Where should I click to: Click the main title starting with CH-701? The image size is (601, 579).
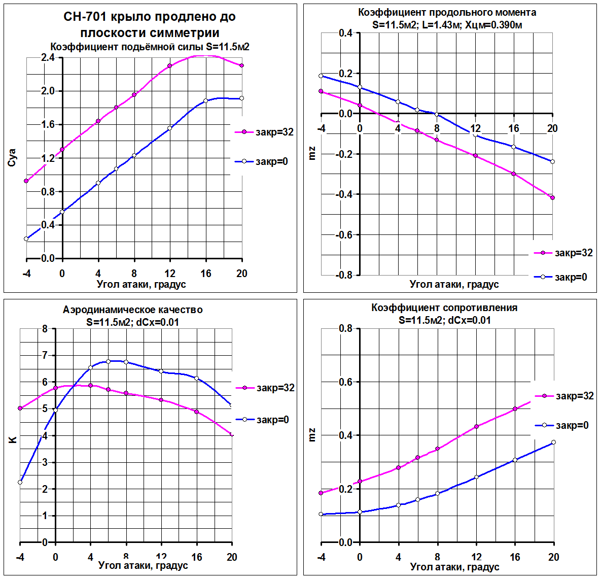[150, 17]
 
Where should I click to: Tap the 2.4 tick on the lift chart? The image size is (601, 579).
[48, 58]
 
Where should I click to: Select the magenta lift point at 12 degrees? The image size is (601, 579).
[170, 65]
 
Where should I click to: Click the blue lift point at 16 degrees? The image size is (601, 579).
[205, 101]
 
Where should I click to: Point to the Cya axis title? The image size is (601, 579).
[13, 157]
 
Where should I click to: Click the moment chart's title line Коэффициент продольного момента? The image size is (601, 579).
[447, 13]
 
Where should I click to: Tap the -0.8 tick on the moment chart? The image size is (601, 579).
[345, 275]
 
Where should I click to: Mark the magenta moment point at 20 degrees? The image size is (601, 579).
[552, 197]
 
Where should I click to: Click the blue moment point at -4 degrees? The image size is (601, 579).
[321, 76]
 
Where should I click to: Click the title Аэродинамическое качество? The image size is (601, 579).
[132, 310]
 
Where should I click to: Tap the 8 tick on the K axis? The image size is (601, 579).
[45, 329]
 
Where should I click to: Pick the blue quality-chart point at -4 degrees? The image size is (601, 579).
[20, 482]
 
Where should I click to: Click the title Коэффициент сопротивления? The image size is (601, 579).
[444, 308]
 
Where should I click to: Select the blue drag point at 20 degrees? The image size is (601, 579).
[553, 442]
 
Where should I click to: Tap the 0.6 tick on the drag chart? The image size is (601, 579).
[346, 382]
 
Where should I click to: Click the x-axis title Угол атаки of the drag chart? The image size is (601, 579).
[454, 566]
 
